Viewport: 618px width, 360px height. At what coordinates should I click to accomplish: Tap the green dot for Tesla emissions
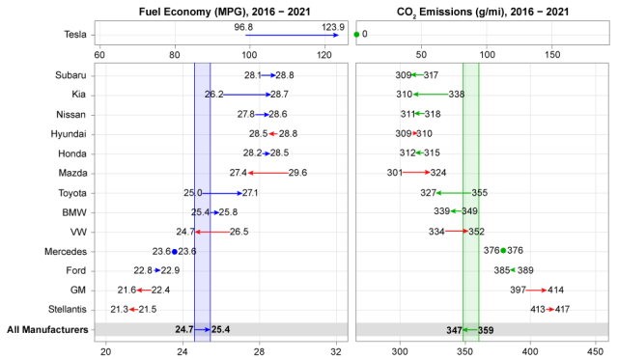[x=357, y=35]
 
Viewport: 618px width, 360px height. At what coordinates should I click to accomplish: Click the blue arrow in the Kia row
[x=247, y=95]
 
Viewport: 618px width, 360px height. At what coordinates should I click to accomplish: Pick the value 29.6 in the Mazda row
[x=297, y=173]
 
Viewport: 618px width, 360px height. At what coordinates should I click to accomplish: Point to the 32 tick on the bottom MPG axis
[x=337, y=350]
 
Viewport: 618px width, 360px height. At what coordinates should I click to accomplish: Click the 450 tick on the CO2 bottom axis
[x=596, y=350]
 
